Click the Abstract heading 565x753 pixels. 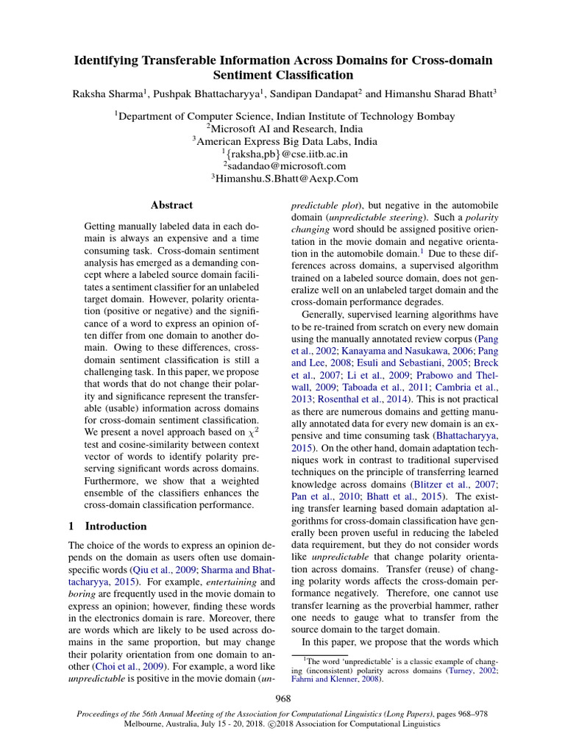point(171,205)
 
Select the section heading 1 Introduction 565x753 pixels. point(107,526)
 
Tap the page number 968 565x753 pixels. point(283,698)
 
